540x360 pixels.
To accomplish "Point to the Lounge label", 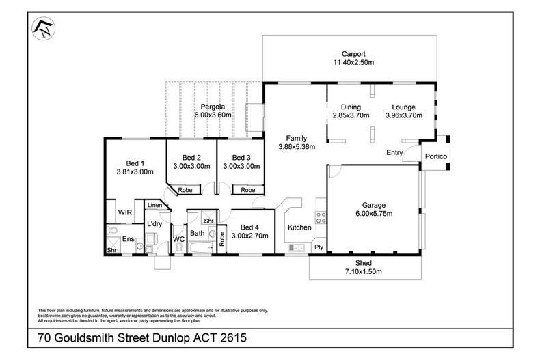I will tap(403, 107).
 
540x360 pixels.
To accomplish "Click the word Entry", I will tap(395, 152).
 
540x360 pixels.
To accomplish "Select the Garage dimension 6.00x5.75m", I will tap(373, 213).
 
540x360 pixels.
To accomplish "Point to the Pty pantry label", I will tap(318, 246).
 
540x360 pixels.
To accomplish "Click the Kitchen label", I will tap(299, 227).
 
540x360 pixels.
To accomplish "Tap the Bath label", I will tap(198, 234).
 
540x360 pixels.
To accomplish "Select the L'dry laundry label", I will tap(154, 224).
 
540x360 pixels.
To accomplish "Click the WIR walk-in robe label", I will tap(124, 212).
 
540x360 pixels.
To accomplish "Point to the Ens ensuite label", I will tap(128, 238).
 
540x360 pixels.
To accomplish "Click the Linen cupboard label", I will tap(155, 205).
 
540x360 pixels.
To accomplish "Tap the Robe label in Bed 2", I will tap(184, 190).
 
